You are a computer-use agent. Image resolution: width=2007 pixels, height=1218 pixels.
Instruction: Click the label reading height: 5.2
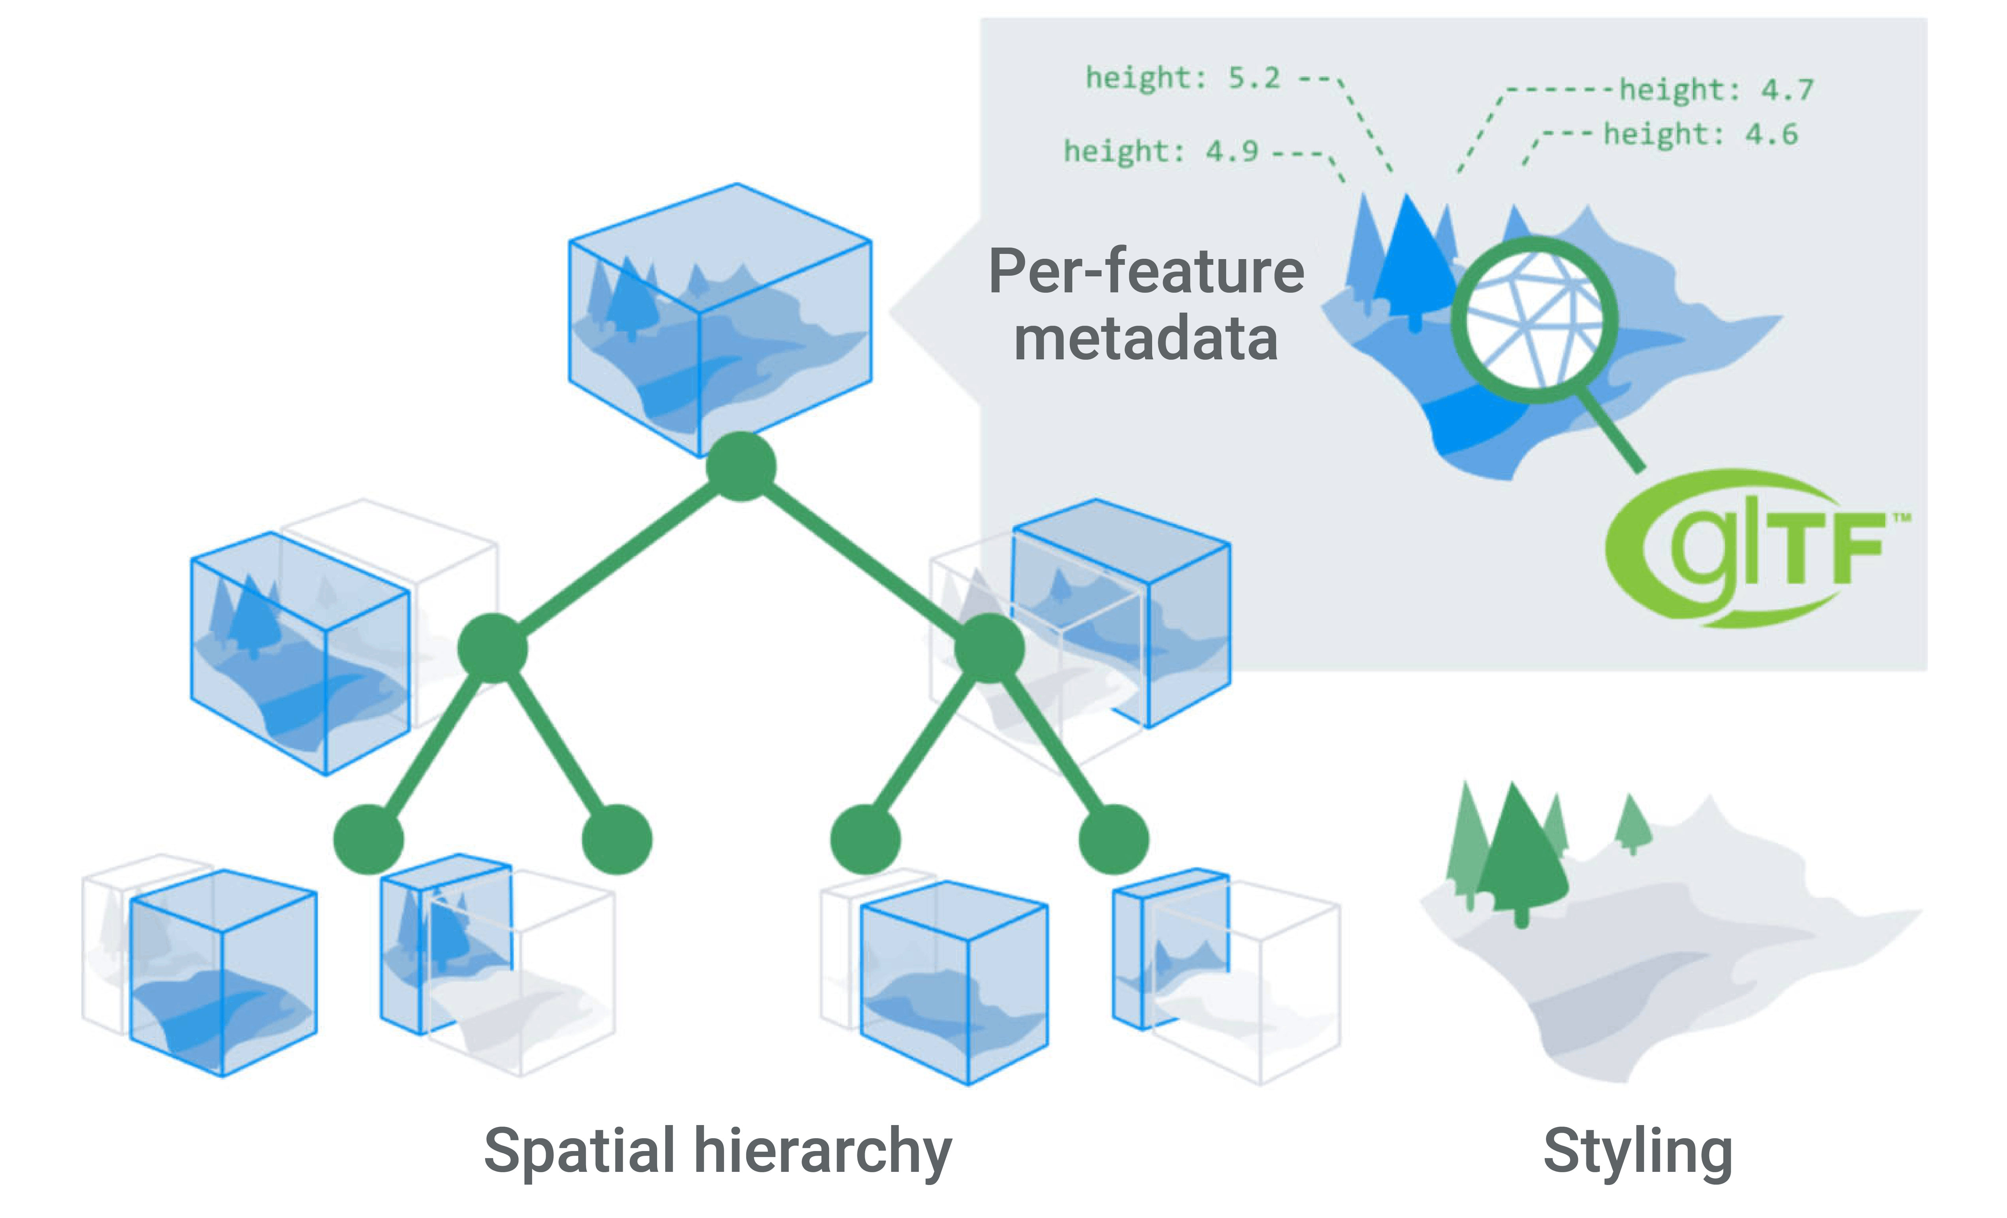pos(1183,78)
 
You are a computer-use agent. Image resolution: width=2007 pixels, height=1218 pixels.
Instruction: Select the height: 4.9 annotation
pos(1161,151)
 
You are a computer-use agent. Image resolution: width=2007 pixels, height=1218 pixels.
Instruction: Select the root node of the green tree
pos(740,467)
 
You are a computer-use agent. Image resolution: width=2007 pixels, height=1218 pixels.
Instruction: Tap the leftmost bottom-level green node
pos(368,839)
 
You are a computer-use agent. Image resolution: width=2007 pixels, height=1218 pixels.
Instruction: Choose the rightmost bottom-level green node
pos(1113,839)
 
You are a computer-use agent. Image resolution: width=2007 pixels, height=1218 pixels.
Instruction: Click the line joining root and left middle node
pos(617,558)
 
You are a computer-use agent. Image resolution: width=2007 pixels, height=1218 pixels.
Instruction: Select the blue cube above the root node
pos(720,318)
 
